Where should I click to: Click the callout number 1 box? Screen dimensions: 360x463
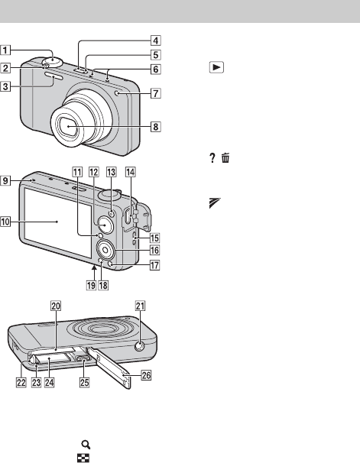5,50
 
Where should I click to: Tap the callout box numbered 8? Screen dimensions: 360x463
156,127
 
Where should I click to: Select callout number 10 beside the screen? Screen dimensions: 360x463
5,222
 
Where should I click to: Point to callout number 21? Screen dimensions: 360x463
140,306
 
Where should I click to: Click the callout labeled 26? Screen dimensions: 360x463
146,375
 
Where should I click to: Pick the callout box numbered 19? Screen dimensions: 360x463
91,285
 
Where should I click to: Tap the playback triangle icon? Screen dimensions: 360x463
216,67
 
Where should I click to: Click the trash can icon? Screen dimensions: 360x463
225,158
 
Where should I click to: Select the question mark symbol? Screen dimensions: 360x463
212,158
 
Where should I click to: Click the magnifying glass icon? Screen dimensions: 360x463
86,445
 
